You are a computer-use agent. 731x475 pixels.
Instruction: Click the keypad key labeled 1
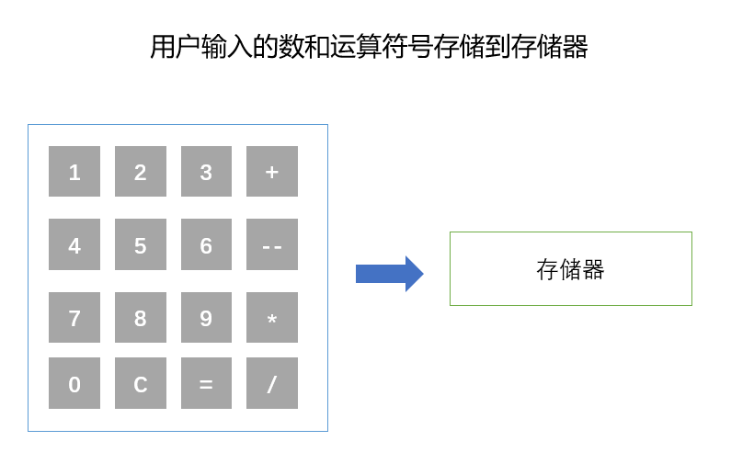point(74,172)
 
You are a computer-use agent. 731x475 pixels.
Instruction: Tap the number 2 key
point(141,172)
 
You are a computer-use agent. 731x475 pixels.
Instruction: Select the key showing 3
point(207,172)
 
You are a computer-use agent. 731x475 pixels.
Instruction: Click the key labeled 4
point(74,244)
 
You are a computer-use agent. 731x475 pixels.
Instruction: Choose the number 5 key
point(141,244)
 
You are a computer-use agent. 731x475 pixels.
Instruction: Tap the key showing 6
point(207,244)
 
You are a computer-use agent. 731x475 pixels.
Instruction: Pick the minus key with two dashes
point(272,244)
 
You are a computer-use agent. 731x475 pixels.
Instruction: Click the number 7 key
point(74,318)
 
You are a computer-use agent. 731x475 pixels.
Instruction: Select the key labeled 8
point(141,318)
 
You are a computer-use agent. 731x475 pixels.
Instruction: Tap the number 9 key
point(207,318)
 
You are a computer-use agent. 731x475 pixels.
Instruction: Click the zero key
point(74,383)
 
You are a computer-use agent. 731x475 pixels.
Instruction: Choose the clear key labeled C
point(141,383)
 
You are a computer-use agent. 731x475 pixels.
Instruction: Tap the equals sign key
point(207,383)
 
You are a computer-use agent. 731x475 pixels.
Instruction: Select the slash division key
point(272,383)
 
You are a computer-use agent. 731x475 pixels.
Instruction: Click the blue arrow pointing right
point(390,274)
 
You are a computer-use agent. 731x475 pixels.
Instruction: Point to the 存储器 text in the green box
point(570,269)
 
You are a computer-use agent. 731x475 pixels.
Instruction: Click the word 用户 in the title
point(176,47)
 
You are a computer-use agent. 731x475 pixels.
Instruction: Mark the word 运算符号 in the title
point(382,47)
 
